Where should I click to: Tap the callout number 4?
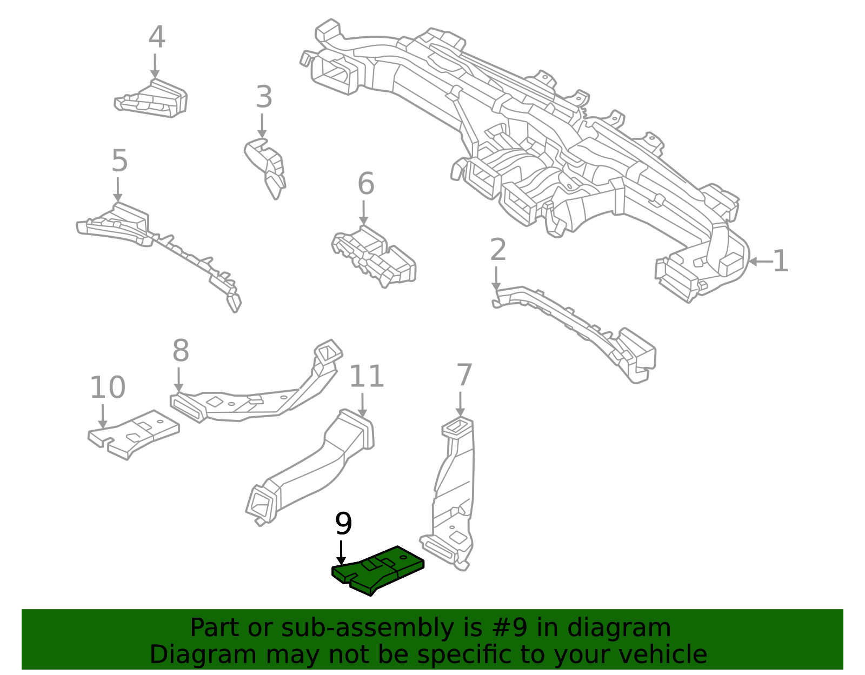point(156,37)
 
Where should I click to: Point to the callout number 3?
point(264,97)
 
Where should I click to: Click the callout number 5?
point(119,161)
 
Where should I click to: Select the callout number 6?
point(366,184)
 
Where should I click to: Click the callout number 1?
point(780,262)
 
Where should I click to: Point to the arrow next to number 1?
point(760,262)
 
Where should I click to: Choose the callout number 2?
point(498,250)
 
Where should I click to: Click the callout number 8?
point(181,351)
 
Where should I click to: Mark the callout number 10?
point(107,387)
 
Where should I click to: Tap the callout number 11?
point(367,377)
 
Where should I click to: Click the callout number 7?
point(464,375)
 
